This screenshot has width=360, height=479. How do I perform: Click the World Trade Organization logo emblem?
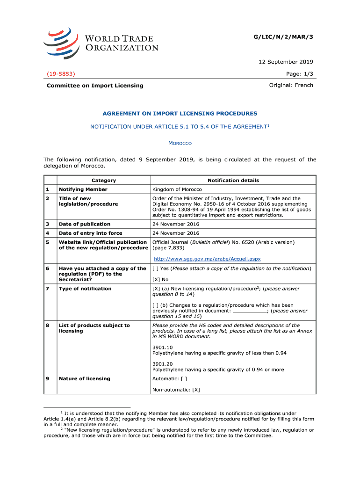[60, 43]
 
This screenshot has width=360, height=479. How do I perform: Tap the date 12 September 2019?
[286, 62]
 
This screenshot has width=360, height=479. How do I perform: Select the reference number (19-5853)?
[62, 74]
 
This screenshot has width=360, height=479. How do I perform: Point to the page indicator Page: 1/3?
[299, 74]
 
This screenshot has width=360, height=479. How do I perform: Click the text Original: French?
[291, 85]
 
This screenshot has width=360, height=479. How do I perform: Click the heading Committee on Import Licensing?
[95, 86]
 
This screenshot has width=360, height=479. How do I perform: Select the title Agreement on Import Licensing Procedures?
[180, 114]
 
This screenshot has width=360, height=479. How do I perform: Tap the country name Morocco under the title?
[180, 143]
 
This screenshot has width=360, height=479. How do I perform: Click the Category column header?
[103, 181]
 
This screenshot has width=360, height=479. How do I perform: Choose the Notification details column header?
[233, 181]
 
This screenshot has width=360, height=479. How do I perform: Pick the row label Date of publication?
[85, 224]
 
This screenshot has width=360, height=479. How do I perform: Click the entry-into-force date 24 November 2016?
[176, 233]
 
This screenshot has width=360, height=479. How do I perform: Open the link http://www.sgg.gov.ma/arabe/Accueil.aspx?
[207, 259]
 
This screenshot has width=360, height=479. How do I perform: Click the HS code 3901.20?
[163, 364]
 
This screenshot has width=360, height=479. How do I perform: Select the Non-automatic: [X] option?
[176, 390]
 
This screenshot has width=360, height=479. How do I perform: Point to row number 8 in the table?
[48, 326]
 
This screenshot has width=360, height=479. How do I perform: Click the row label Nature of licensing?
[85, 379]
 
